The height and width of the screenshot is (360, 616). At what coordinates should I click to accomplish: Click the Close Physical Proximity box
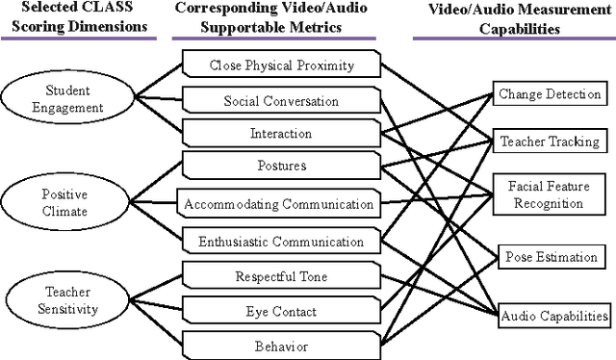click(x=281, y=65)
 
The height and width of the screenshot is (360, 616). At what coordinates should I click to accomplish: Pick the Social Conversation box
click(x=281, y=101)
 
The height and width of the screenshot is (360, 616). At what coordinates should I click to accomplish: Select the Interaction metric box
click(x=281, y=134)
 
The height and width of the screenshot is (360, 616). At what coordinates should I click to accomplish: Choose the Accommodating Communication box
click(x=279, y=204)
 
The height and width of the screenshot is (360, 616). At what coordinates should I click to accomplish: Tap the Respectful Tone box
click(x=281, y=277)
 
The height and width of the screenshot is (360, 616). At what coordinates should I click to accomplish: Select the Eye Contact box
click(x=281, y=312)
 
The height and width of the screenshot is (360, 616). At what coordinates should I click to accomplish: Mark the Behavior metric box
click(x=281, y=344)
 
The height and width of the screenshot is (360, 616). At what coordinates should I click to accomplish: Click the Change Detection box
click(x=550, y=94)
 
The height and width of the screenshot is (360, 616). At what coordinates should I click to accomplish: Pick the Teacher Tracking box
click(x=550, y=141)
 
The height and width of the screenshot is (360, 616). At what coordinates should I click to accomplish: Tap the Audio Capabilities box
click(x=553, y=315)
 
